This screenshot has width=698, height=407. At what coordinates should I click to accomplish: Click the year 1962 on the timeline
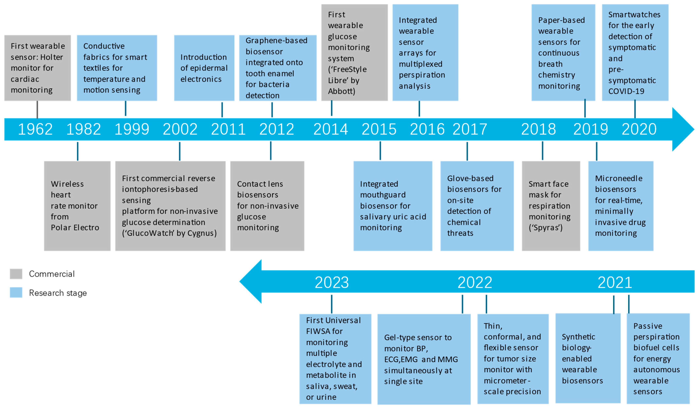pos(35,129)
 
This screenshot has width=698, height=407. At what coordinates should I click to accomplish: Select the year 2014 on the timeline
pos(331,129)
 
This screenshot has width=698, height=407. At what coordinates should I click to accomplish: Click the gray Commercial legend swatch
pos(16,274)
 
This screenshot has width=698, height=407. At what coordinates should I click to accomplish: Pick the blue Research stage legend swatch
pos(16,293)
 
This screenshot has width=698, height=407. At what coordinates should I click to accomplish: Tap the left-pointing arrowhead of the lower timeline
pos(251,281)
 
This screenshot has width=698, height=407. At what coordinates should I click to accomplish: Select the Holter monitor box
pos(38,68)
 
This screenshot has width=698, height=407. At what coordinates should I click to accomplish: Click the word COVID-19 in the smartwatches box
pos(626,91)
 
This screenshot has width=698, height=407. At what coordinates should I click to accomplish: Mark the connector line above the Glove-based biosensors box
pos(467,151)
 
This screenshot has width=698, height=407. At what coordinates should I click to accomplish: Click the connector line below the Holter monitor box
pos(37,110)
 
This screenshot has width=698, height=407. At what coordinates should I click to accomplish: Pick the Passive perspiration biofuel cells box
pos(658,359)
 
